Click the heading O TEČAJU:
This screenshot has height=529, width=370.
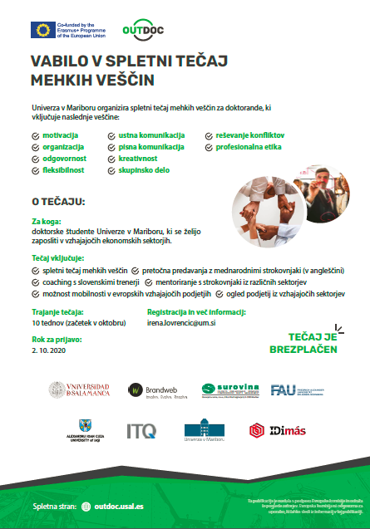[x=58, y=202]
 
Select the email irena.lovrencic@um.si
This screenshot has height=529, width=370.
[x=182, y=321]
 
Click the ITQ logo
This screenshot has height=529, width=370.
[x=141, y=430]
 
